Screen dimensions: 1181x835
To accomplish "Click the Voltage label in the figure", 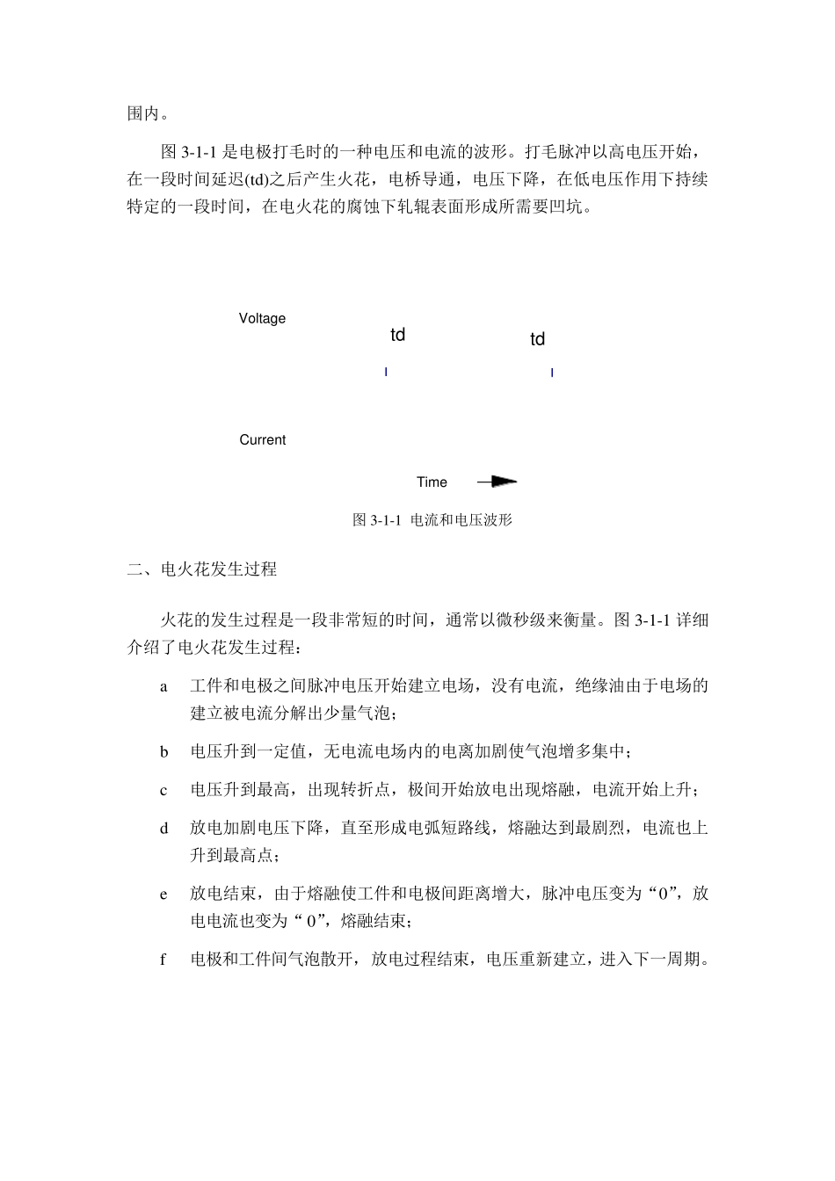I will coord(262,318).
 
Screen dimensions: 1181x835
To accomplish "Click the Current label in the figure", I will coord(262,439).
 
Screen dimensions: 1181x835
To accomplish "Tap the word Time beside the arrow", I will coord(432,482).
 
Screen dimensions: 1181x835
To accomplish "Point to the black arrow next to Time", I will coord(497,482).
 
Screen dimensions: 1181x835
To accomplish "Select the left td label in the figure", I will coord(397,335).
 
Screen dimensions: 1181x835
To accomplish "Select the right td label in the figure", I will coord(537,339).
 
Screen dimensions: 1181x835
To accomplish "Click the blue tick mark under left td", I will coord(386,373).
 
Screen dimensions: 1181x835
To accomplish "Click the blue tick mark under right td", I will coord(552,373).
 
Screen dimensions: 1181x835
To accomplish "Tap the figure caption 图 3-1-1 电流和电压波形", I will coord(432,519).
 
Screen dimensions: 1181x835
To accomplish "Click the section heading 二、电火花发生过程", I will coord(202,569).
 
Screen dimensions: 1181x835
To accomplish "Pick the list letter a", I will coord(163,686).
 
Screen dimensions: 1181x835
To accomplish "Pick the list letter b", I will coord(163,752).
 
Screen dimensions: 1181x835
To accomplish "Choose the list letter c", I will coord(163,791).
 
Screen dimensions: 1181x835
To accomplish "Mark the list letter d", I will coord(163,829).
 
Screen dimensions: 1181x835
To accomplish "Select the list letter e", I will coord(163,895).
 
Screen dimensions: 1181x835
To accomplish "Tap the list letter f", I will coord(163,960).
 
